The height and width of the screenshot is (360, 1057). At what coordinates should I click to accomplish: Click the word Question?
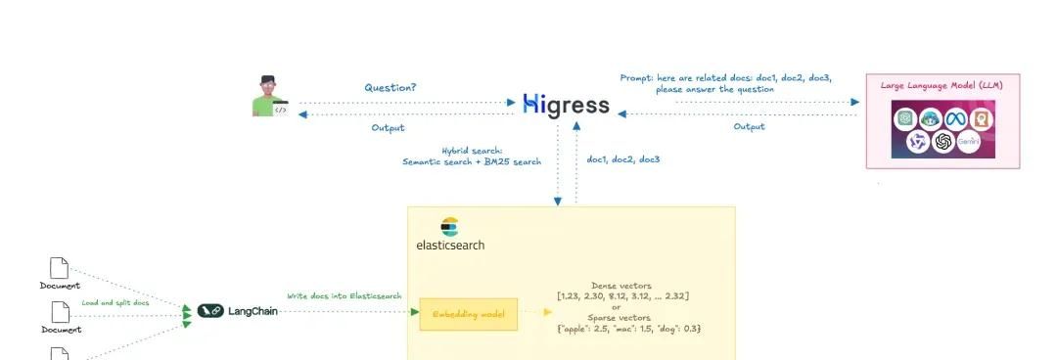click(391, 87)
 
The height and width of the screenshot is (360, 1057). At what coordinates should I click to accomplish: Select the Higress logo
click(567, 105)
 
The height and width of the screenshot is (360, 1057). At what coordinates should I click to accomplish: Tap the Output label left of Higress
click(388, 128)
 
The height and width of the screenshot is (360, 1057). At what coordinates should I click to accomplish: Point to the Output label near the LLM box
click(749, 126)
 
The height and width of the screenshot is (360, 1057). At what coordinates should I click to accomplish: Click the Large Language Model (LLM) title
click(942, 85)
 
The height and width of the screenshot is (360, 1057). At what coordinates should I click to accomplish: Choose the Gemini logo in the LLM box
click(969, 142)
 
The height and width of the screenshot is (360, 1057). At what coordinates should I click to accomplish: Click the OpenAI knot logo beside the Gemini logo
click(943, 142)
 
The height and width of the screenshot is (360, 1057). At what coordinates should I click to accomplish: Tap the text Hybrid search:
click(471, 151)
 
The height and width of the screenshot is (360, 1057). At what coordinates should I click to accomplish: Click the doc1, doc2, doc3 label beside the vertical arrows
click(622, 158)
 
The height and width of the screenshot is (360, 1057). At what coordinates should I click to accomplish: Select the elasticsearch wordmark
click(450, 245)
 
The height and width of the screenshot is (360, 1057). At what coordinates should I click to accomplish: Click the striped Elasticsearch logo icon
click(449, 227)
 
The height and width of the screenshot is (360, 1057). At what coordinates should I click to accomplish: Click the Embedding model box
click(468, 314)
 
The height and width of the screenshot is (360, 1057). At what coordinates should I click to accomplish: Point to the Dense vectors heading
click(628, 285)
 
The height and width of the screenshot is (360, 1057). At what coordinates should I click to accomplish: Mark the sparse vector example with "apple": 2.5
click(628, 329)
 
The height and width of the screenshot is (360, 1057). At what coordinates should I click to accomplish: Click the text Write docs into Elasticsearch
click(344, 295)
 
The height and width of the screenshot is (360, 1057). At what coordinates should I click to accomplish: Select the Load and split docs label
click(115, 303)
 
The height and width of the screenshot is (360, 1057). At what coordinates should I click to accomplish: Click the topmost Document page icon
click(60, 267)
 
